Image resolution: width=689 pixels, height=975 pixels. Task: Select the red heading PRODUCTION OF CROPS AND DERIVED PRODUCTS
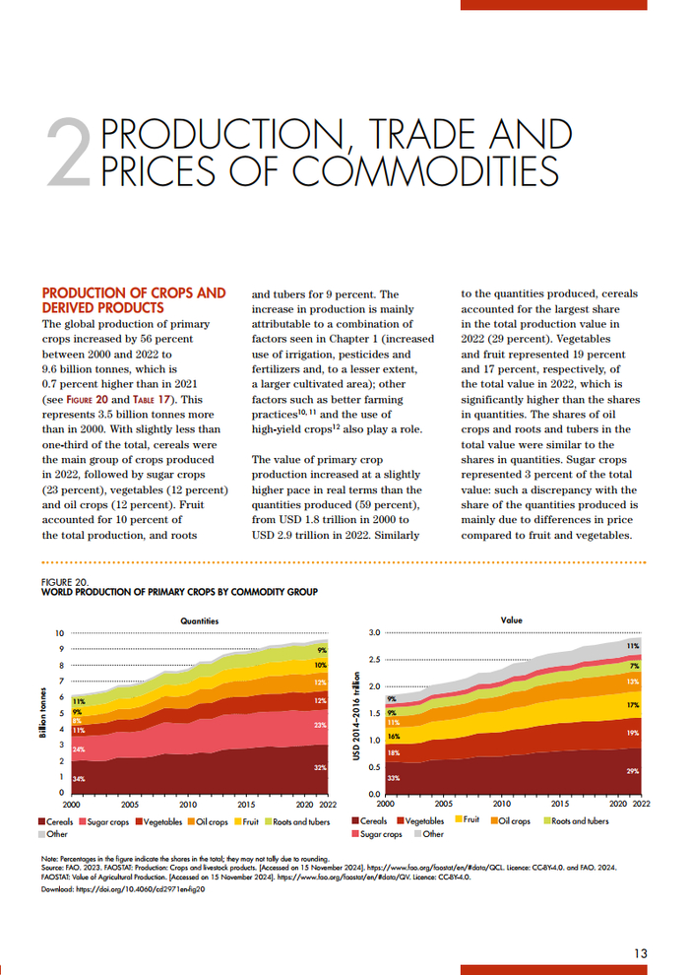[x=134, y=300]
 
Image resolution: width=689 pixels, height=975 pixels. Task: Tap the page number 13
[x=640, y=952]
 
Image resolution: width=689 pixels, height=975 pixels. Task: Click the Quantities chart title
[x=199, y=620]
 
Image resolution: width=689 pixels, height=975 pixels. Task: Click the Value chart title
[x=511, y=620]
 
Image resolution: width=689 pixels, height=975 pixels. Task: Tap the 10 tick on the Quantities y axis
[x=59, y=633]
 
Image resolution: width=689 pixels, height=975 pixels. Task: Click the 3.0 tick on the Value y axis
[x=374, y=632]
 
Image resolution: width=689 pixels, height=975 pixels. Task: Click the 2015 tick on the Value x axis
[x=558, y=804]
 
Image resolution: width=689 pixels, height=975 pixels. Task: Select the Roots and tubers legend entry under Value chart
[x=580, y=820]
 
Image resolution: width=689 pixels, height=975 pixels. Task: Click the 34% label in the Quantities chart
[x=79, y=779]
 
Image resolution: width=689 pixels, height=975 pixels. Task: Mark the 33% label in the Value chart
[x=392, y=778]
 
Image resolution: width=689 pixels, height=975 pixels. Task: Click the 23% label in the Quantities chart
[x=320, y=725]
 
